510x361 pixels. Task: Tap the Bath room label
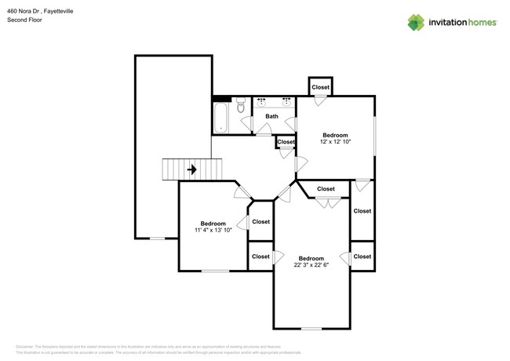pyautogui.click(x=271, y=117)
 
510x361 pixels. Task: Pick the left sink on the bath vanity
pyautogui.click(x=261, y=103)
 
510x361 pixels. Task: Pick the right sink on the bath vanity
pyautogui.click(x=286, y=103)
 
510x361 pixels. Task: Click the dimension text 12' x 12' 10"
pyautogui.click(x=336, y=142)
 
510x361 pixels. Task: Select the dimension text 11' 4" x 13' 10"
pyautogui.click(x=213, y=231)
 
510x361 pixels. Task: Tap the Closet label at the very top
pyautogui.click(x=320, y=87)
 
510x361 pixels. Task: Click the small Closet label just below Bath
pyautogui.click(x=286, y=142)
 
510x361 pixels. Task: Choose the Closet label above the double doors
pyautogui.click(x=326, y=189)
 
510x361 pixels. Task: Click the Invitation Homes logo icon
pyautogui.click(x=417, y=22)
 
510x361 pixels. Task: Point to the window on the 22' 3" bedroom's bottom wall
pyautogui.click(x=311, y=327)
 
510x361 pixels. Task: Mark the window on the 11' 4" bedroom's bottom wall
pyautogui.click(x=215, y=271)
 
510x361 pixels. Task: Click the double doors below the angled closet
pyautogui.click(x=327, y=203)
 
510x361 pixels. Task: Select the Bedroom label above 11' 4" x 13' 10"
pyautogui.click(x=213, y=223)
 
